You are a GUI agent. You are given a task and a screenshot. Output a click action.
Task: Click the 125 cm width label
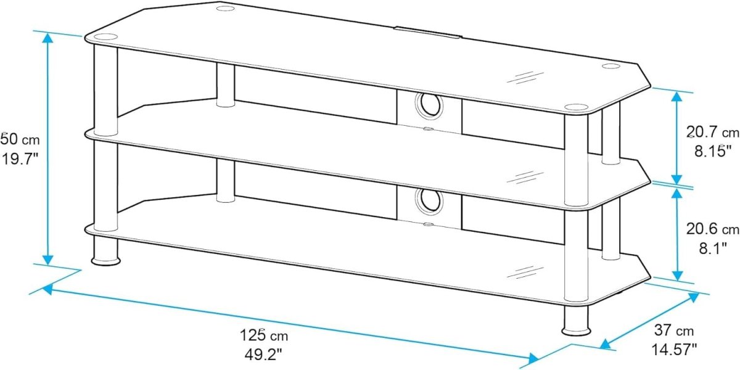[x=264, y=335]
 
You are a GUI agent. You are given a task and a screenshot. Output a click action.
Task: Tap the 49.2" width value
[x=263, y=355]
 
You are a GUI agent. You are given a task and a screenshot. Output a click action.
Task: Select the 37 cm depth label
[x=674, y=331]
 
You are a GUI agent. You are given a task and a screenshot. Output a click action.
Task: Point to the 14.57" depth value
[x=674, y=350]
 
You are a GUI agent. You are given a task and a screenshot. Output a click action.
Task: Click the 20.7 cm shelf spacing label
[x=713, y=133]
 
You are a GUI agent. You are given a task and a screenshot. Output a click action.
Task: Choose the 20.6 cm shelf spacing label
[x=713, y=229]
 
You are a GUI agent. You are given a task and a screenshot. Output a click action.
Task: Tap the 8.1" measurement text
[x=713, y=248]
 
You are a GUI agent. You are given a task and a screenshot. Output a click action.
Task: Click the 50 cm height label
[x=20, y=139]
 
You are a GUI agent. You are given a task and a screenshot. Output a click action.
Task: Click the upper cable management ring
[x=429, y=105]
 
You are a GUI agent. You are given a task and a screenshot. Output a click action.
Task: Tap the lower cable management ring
[x=429, y=202]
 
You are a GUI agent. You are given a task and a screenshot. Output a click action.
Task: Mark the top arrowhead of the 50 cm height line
[x=48, y=38]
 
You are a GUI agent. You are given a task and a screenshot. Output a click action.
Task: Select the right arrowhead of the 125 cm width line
[x=533, y=358]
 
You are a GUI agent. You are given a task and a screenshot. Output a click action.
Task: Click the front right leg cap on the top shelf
[x=576, y=107]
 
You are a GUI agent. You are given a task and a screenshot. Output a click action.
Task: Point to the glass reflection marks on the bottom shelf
[x=525, y=271]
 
